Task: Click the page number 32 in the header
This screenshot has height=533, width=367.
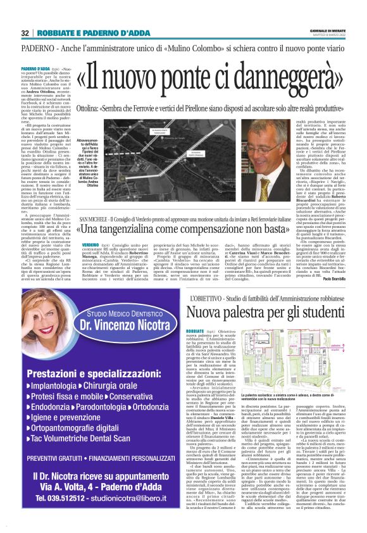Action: pos(24,33)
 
